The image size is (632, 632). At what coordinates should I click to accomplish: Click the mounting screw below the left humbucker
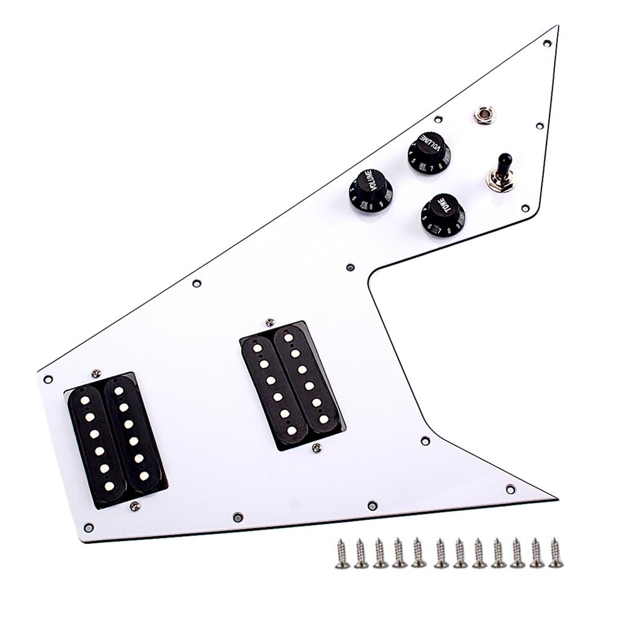click(x=134, y=506)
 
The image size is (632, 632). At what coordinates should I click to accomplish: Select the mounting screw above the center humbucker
click(x=270, y=321)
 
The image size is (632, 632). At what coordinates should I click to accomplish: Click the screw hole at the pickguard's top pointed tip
click(x=548, y=43)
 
